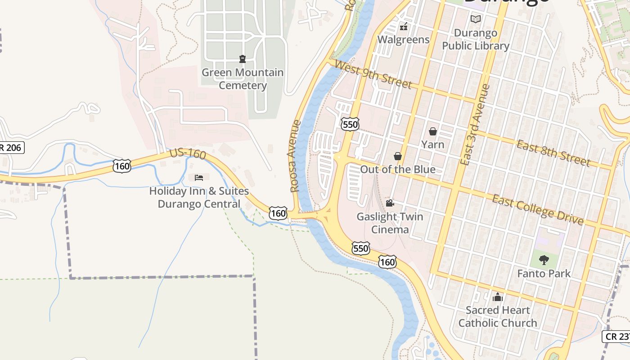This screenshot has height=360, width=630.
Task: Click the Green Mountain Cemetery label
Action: click(243, 79)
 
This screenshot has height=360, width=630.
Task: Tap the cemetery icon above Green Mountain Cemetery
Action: click(243, 58)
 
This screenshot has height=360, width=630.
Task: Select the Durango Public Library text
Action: click(476, 39)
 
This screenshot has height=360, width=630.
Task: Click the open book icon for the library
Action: click(476, 19)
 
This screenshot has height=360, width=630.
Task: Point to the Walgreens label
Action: click(403, 40)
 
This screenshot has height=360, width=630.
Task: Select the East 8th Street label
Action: click(553, 153)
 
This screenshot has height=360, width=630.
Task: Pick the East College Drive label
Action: click(538, 210)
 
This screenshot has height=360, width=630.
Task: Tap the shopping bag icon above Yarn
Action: click(432, 131)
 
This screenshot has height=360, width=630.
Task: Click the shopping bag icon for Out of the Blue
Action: click(398, 156)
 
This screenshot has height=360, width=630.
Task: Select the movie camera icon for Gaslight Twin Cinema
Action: click(390, 203)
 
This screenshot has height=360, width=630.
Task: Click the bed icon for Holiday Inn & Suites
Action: click(199, 178)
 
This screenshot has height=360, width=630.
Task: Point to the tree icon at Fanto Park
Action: click(544, 260)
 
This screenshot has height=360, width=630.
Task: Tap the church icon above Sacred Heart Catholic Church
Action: click(498, 297)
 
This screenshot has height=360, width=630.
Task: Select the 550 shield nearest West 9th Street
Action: click(350, 124)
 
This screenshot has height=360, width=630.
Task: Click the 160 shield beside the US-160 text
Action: click(122, 166)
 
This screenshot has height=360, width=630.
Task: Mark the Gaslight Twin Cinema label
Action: click(390, 223)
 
